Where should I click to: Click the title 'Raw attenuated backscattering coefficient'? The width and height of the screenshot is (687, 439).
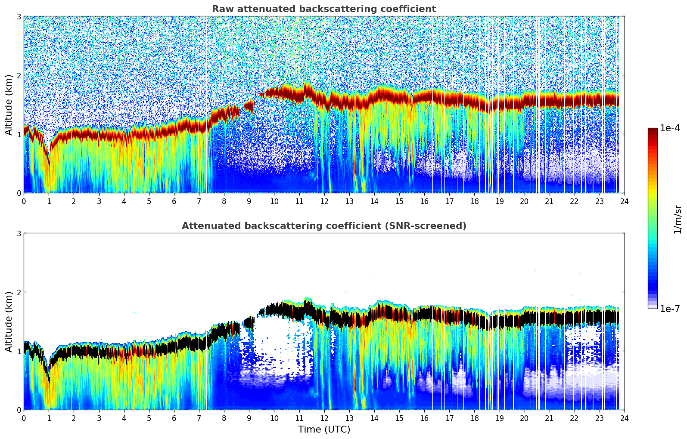tap(323, 9)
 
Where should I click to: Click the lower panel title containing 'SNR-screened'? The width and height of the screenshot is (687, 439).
tap(323, 226)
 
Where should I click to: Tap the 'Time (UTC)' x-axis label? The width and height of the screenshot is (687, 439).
tap(324, 430)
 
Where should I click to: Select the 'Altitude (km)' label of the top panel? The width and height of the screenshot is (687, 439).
tap(9, 105)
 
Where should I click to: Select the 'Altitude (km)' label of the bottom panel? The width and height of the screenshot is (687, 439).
tap(9, 322)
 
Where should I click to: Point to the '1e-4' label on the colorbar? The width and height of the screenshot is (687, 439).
tap(670, 128)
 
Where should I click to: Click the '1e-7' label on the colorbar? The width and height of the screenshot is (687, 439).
tap(670, 309)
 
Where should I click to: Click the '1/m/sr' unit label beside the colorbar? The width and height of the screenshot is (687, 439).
tap(678, 219)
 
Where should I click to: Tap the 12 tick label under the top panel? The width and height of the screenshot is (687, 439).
tap(324, 201)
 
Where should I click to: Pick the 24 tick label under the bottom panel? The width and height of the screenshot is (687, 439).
tap(624, 418)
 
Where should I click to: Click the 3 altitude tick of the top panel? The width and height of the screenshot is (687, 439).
tap(19, 16)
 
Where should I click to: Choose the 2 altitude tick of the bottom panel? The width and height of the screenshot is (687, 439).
tap(19, 292)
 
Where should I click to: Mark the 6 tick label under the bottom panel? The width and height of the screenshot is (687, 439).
tap(174, 418)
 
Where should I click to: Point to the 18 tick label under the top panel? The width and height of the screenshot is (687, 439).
tap(474, 201)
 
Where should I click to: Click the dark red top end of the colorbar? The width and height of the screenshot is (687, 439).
tap(652, 130)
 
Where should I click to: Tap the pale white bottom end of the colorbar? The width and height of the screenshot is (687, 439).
tap(652, 307)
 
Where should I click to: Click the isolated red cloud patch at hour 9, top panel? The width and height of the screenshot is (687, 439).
tap(249, 105)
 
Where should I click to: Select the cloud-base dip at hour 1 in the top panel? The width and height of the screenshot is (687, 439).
tap(48, 161)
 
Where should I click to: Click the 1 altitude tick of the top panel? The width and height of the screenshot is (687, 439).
tap(19, 134)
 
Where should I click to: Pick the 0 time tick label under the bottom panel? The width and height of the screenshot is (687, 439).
tap(24, 418)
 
